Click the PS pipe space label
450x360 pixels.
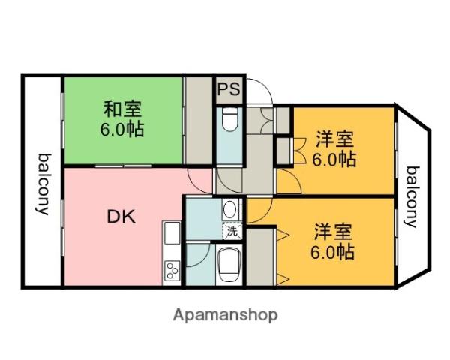[x=229, y=89]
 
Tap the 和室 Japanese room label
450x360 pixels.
[x=122, y=109]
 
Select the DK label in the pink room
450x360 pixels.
[x=121, y=217]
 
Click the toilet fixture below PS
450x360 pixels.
[x=230, y=119]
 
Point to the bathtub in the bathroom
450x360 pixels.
[x=229, y=265]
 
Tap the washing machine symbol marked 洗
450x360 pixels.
[x=232, y=231]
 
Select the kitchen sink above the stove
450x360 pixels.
[x=172, y=232]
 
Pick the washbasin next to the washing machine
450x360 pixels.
[x=229, y=209]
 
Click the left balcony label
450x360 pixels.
[x=43, y=184]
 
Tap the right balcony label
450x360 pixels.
[x=412, y=197]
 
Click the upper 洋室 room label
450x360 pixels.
[x=334, y=139]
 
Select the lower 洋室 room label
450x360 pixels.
[x=333, y=232]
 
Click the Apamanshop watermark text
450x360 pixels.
[x=226, y=315]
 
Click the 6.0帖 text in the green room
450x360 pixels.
[x=122, y=129]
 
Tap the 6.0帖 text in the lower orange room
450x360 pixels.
[x=332, y=252]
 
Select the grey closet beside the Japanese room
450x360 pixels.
[x=199, y=121]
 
